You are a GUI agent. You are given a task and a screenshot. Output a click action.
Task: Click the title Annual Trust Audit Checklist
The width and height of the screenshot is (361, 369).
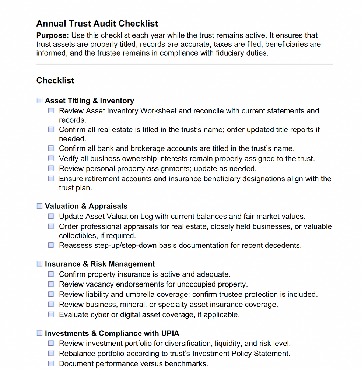[97, 24]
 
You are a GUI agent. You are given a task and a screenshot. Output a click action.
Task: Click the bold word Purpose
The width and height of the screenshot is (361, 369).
[52, 36]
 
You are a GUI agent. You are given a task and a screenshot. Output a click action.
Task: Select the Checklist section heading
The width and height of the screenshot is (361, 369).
[55, 80]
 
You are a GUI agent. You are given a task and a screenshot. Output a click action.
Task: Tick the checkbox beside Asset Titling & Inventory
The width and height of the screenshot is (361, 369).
[39, 101]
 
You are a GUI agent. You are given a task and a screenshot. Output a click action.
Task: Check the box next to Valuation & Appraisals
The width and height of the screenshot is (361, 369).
[39, 206]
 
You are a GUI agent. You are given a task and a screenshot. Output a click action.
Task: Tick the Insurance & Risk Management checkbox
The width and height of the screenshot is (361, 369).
[39, 264]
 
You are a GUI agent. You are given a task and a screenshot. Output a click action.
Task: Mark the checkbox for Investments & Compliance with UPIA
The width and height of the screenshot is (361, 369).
[39, 334]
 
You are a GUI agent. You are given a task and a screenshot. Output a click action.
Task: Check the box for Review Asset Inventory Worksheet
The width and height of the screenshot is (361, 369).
[51, 111]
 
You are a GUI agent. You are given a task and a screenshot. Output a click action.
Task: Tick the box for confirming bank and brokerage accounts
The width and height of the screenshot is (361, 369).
[51, 149]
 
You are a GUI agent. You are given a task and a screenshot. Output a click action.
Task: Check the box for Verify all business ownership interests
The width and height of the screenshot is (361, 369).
[51, 159]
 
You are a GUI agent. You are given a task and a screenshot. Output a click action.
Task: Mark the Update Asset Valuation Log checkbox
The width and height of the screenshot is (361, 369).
[51, 217]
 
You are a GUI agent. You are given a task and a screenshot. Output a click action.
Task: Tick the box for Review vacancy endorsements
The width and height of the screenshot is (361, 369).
[51, 284]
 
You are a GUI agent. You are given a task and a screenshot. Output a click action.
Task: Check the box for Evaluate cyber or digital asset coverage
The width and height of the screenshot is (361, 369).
[51, 315]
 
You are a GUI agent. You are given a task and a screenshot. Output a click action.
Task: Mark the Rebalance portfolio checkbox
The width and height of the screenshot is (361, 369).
[51, 354]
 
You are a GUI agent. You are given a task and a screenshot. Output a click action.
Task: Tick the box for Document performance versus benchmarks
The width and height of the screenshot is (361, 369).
[51, 364]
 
